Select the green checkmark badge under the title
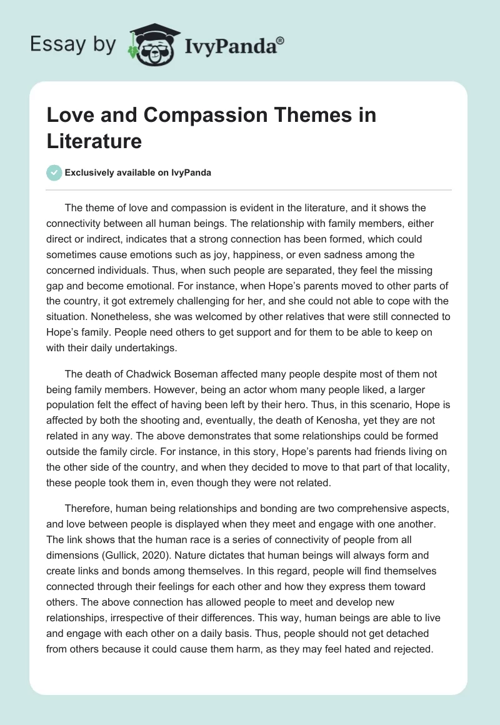(55, 172)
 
